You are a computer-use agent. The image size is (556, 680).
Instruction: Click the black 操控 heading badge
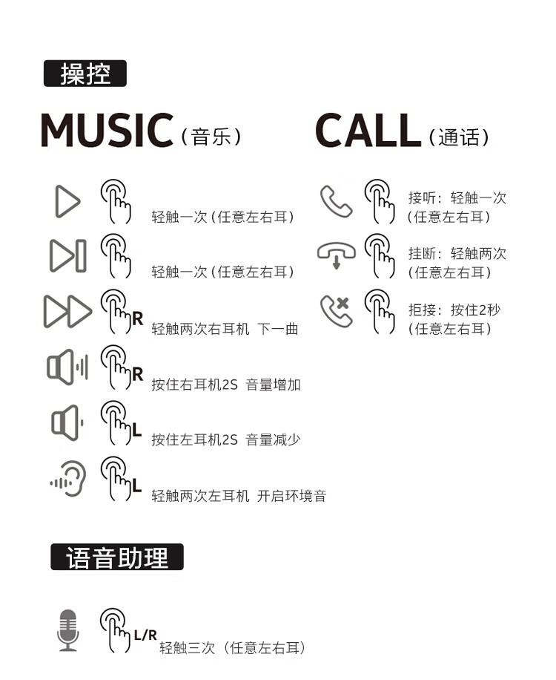[85, 73]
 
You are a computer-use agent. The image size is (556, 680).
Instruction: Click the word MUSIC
[107, 130]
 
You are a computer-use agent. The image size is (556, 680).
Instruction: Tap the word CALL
[368, 130]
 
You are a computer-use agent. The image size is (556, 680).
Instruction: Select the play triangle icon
[67, 201]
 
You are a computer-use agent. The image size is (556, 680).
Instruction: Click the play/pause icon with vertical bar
[68, 256]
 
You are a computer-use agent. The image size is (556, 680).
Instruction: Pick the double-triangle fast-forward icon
[68, 311]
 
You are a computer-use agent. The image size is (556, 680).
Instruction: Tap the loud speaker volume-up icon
[67, 367]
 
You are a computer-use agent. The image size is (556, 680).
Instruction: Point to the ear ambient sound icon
[68, 478]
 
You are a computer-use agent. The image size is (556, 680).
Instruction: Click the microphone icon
[68, 630]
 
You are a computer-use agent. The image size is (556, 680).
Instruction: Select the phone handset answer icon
[337, 201]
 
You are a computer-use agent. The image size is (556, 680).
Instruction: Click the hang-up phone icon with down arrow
[337, 255]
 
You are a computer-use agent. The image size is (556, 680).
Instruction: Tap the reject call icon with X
[337, 311]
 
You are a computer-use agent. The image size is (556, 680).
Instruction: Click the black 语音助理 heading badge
[117, 557]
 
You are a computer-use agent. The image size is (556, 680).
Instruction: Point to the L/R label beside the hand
[145, 635]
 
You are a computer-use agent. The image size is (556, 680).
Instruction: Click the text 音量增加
[274, 385]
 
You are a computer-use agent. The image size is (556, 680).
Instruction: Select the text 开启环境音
[292, 496]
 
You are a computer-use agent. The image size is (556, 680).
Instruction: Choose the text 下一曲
[277, 329]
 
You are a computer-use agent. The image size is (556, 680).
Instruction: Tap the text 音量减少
[274, 439]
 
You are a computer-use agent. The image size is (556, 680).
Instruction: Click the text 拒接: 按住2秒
[454, 310]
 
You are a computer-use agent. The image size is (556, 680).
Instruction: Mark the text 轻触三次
[187, 648]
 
